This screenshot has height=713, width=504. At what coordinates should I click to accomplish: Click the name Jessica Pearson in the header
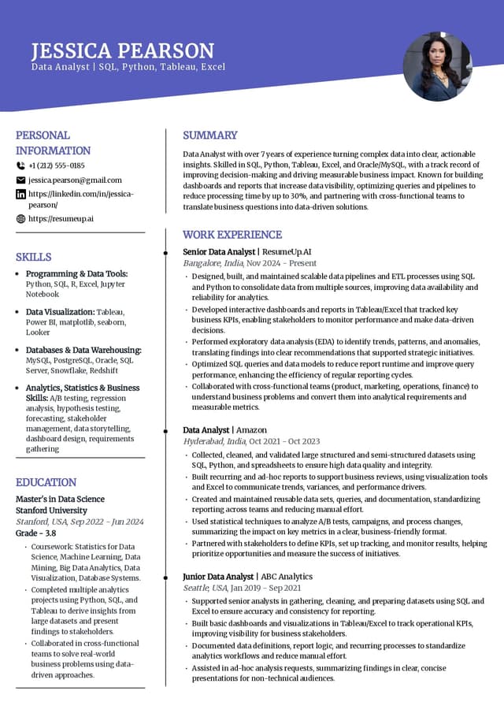tap(122, 51)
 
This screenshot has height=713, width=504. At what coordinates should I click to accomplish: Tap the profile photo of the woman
tap(437, 66)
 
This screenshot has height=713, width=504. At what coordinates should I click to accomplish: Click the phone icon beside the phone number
tap(20, 165)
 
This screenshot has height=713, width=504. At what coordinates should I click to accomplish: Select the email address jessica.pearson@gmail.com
tap(75, 180)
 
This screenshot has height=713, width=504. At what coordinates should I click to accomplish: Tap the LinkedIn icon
tap(20, 195)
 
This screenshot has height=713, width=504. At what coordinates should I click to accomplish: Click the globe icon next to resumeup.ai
tap(20, 218)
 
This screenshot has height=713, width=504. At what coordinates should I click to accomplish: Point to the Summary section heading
tap(209, 135)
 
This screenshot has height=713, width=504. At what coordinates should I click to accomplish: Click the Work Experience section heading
tap(232, 234)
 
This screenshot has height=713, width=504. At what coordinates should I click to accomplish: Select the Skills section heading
tap(33, 257)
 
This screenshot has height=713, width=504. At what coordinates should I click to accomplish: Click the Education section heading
tap(46, 482)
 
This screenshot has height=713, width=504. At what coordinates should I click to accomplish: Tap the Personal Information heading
tap(53, 143)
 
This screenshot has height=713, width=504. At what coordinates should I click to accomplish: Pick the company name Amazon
tap(251, 430)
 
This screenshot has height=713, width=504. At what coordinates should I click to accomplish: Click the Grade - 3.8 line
tap(35, 533)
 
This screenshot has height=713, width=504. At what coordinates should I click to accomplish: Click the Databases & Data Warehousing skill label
tap(83, 350)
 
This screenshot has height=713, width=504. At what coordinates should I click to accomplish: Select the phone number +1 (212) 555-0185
tap(56, 165)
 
